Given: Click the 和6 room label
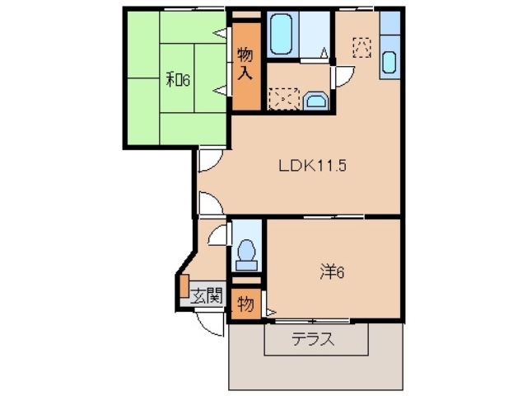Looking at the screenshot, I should pyautogui.click(x=178, y=79).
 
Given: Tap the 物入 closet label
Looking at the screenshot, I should pyautogui.click(x=245, y=64).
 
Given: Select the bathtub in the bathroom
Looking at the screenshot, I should pyautogui.click(x=282, y=33).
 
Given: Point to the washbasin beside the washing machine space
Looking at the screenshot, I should pyautogui.click(x=315, y=101).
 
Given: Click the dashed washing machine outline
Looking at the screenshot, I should pyautogui.click(x=283, y=98).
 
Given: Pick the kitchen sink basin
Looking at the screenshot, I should pyautogui.click(x=389, y=61).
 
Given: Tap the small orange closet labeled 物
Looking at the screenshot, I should pyautogui.click(x=245, y=303).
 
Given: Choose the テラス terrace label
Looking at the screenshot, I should pyautogui.click(x=313, y=338).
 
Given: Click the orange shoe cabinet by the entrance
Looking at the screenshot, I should pyautogui.click(x=184, y=285).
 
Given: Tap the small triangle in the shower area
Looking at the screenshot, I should pyautogui.click(x=325, y=54).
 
